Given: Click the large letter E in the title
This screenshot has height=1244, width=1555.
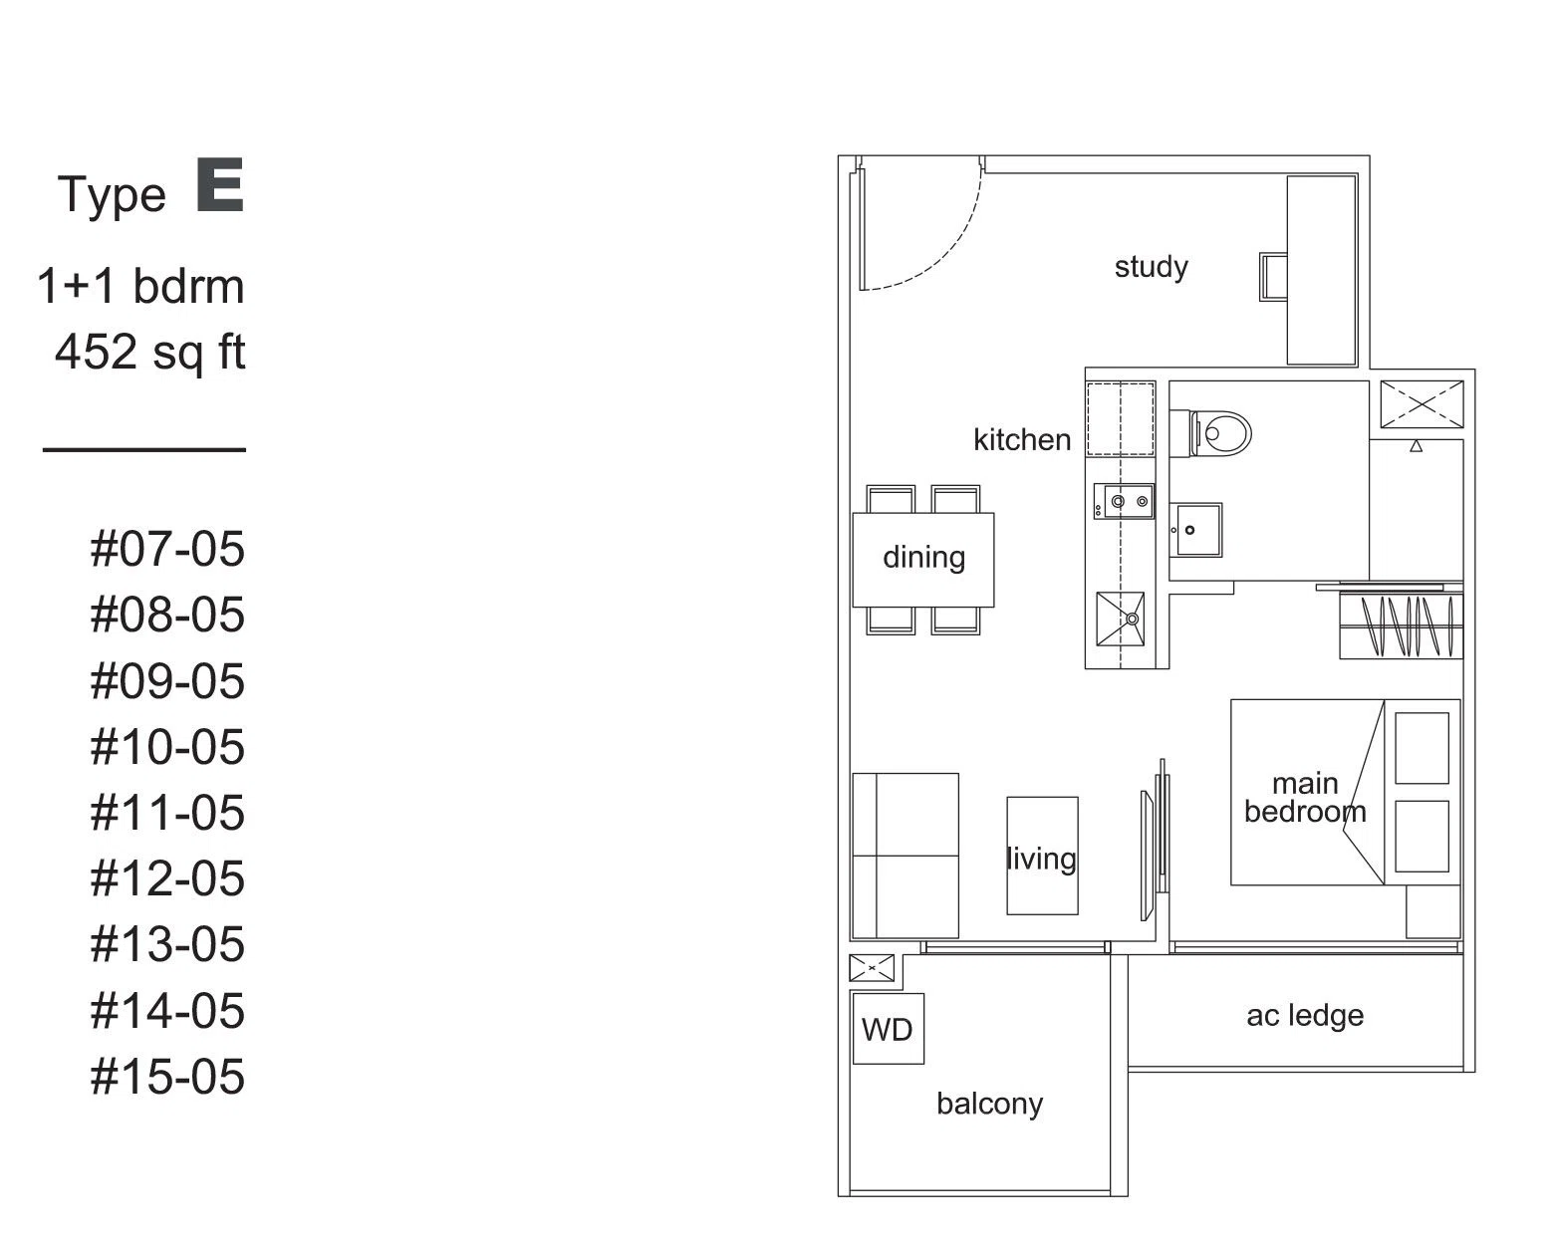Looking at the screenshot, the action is coord(220,185).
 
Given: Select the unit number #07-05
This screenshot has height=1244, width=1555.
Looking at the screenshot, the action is coord(167,549).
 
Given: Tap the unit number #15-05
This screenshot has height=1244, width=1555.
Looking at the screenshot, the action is coord(167,1077).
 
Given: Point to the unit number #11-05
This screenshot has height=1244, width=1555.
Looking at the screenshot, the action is coord(167,813).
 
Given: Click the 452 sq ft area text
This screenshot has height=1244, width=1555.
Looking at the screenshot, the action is coord(150,354).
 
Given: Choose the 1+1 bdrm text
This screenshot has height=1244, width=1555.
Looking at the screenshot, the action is coord(140,286).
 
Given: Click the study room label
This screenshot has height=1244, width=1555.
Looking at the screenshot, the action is coord(1152,267).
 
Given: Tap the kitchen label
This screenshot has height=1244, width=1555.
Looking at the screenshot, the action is coord(1022,440).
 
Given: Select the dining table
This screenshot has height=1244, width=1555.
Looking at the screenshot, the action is coord(923,560).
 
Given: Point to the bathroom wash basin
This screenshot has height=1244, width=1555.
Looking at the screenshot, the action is coord(1195,530).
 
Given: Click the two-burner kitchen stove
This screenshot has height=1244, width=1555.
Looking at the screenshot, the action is coord(1124,501).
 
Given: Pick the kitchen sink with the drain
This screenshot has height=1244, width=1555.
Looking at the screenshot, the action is coord(1120,620).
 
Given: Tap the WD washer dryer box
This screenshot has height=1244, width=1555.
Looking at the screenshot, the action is coord(888,1029).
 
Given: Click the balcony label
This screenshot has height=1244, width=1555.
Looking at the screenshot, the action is coord(990,1105).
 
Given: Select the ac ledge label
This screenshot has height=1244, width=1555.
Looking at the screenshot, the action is coord(1305,1016).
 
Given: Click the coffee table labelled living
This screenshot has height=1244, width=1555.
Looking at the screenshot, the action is coord(1043,857).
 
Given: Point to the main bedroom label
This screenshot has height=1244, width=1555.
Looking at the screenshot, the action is coord(1305,798).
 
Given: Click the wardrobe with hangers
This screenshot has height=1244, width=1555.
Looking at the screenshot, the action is coord(1401,625).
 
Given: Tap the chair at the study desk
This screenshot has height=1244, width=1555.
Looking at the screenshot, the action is coord(1273,277).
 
